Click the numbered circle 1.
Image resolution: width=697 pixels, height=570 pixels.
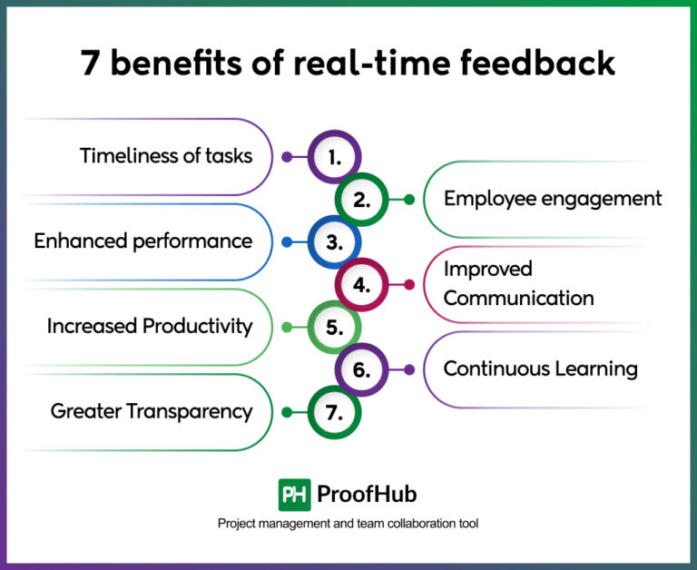tap(334, 157)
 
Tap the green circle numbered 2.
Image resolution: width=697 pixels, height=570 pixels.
tap(361, 200)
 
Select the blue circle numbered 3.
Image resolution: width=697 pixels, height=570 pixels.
tap(334, 242)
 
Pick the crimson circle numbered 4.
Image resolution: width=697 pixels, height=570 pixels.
tap(361, 284)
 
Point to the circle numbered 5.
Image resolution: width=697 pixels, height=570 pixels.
tap(334, 327)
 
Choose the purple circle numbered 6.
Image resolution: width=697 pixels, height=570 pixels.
tap(361, 369)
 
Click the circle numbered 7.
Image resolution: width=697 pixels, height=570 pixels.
tap(334, 412)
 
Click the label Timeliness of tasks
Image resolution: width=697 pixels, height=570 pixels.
tap(166, 155)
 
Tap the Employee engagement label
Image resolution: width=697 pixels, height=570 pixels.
tap(553, 199)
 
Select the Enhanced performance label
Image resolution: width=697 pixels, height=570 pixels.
tap(143, 241)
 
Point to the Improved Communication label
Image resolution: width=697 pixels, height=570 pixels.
tap(518, 284)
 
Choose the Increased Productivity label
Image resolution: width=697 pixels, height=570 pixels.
tap(150, 326)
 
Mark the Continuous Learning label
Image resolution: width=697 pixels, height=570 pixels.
tap(540, 369)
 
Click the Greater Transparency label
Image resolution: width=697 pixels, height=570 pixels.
tap(152, 411)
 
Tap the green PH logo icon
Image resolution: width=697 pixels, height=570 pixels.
tap(294, 495)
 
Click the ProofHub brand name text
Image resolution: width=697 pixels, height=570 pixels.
tap(367, 495)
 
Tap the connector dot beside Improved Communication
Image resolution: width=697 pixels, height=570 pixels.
tap(408, 284)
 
